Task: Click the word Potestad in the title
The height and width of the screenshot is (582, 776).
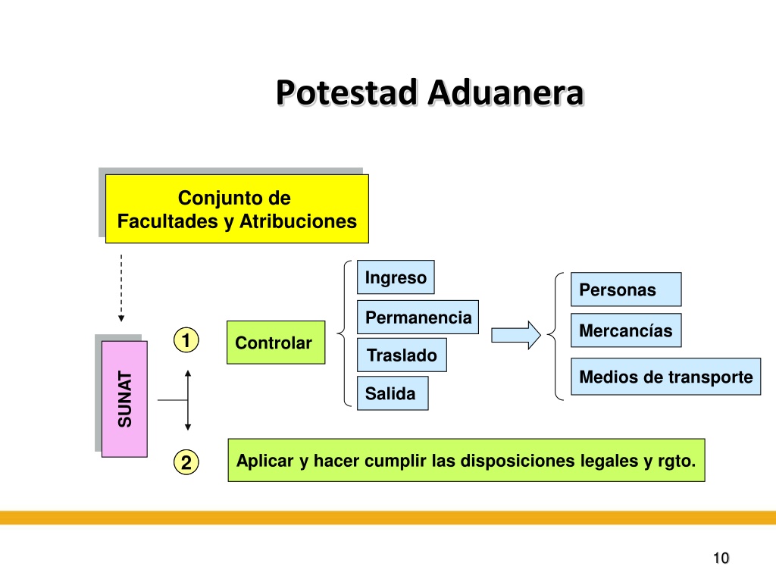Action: tap(346, 93)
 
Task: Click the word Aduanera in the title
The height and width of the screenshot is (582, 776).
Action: tap(505, 93)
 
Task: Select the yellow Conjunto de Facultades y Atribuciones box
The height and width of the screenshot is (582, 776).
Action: tap(237, 209)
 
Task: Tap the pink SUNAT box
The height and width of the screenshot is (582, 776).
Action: tap(124, 399)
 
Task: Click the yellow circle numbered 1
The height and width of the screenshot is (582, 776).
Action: tap(186, 340)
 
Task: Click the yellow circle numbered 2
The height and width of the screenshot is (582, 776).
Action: tap(186, 462)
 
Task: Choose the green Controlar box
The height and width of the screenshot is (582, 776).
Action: tap(276, 343)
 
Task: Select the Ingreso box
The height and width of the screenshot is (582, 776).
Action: tap(396, 277)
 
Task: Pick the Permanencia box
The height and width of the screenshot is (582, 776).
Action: tap(418, 318)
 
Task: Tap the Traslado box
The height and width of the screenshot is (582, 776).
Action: tap(402, 355)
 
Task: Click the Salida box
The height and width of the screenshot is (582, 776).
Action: tap(393, 393)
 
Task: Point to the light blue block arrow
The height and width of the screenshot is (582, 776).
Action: tap(515, 335)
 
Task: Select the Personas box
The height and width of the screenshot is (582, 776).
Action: tap(626, 289)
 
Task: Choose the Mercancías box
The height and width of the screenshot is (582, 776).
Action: tap(626, 330)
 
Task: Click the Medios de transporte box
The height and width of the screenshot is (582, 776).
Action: tap(665, 377)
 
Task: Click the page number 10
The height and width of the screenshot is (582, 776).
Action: tap(721, 559)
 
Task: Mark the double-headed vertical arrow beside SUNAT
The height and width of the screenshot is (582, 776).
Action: tap(188, 400)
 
